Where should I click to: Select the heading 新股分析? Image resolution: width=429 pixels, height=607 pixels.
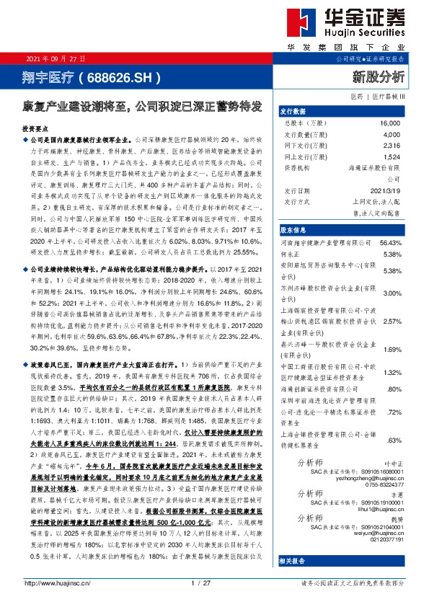pos(378,75)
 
